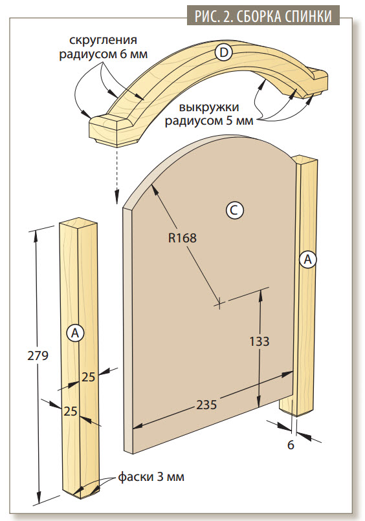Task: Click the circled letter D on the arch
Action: pyautogui.click(x=224, y=52)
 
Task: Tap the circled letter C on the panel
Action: pyautogui.click(x=234, y=210)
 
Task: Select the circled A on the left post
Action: pyautogui.click(x=75, y=332)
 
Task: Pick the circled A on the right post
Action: pyautogui.click(x=307, y=259)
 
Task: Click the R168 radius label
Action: pyautogui.click(x=182, y=238)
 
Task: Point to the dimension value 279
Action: pyautogui.click(x=38, y=356)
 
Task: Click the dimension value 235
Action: pyautogui.click(x=206, y=405)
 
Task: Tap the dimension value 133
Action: pyautogui.click(x=260, y=341)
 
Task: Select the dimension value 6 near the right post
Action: pyautogui.click(x=291, y=445)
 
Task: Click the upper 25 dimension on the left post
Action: pyautogui.click(x=89, y=377)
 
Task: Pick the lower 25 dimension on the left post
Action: pyautogui.click(x=71, y=411)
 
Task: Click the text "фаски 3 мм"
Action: pyautogui.click(x=151, y=477)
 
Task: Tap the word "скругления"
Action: pyautogui.click(x=103, y=40)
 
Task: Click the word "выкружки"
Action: pyautogui.click(x=209, y=107)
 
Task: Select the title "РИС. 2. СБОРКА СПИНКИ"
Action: pyautogui.click(x=263, y=16)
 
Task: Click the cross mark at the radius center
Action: pyautogui.click(x=219, y=303)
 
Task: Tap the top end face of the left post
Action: pyautogui.click(x=78, y=224)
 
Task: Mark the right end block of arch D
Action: pyautogui.click(x=316, y=81)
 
